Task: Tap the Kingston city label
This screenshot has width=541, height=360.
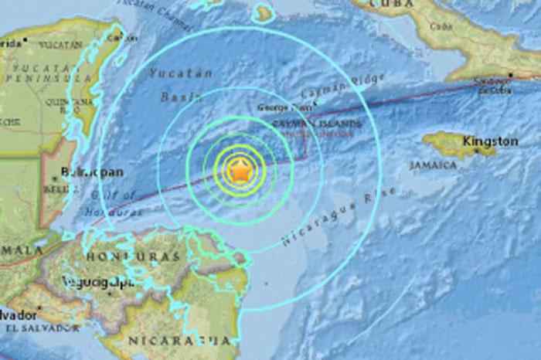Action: (490, 141)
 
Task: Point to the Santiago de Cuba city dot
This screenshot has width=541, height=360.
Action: (510, 75)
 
